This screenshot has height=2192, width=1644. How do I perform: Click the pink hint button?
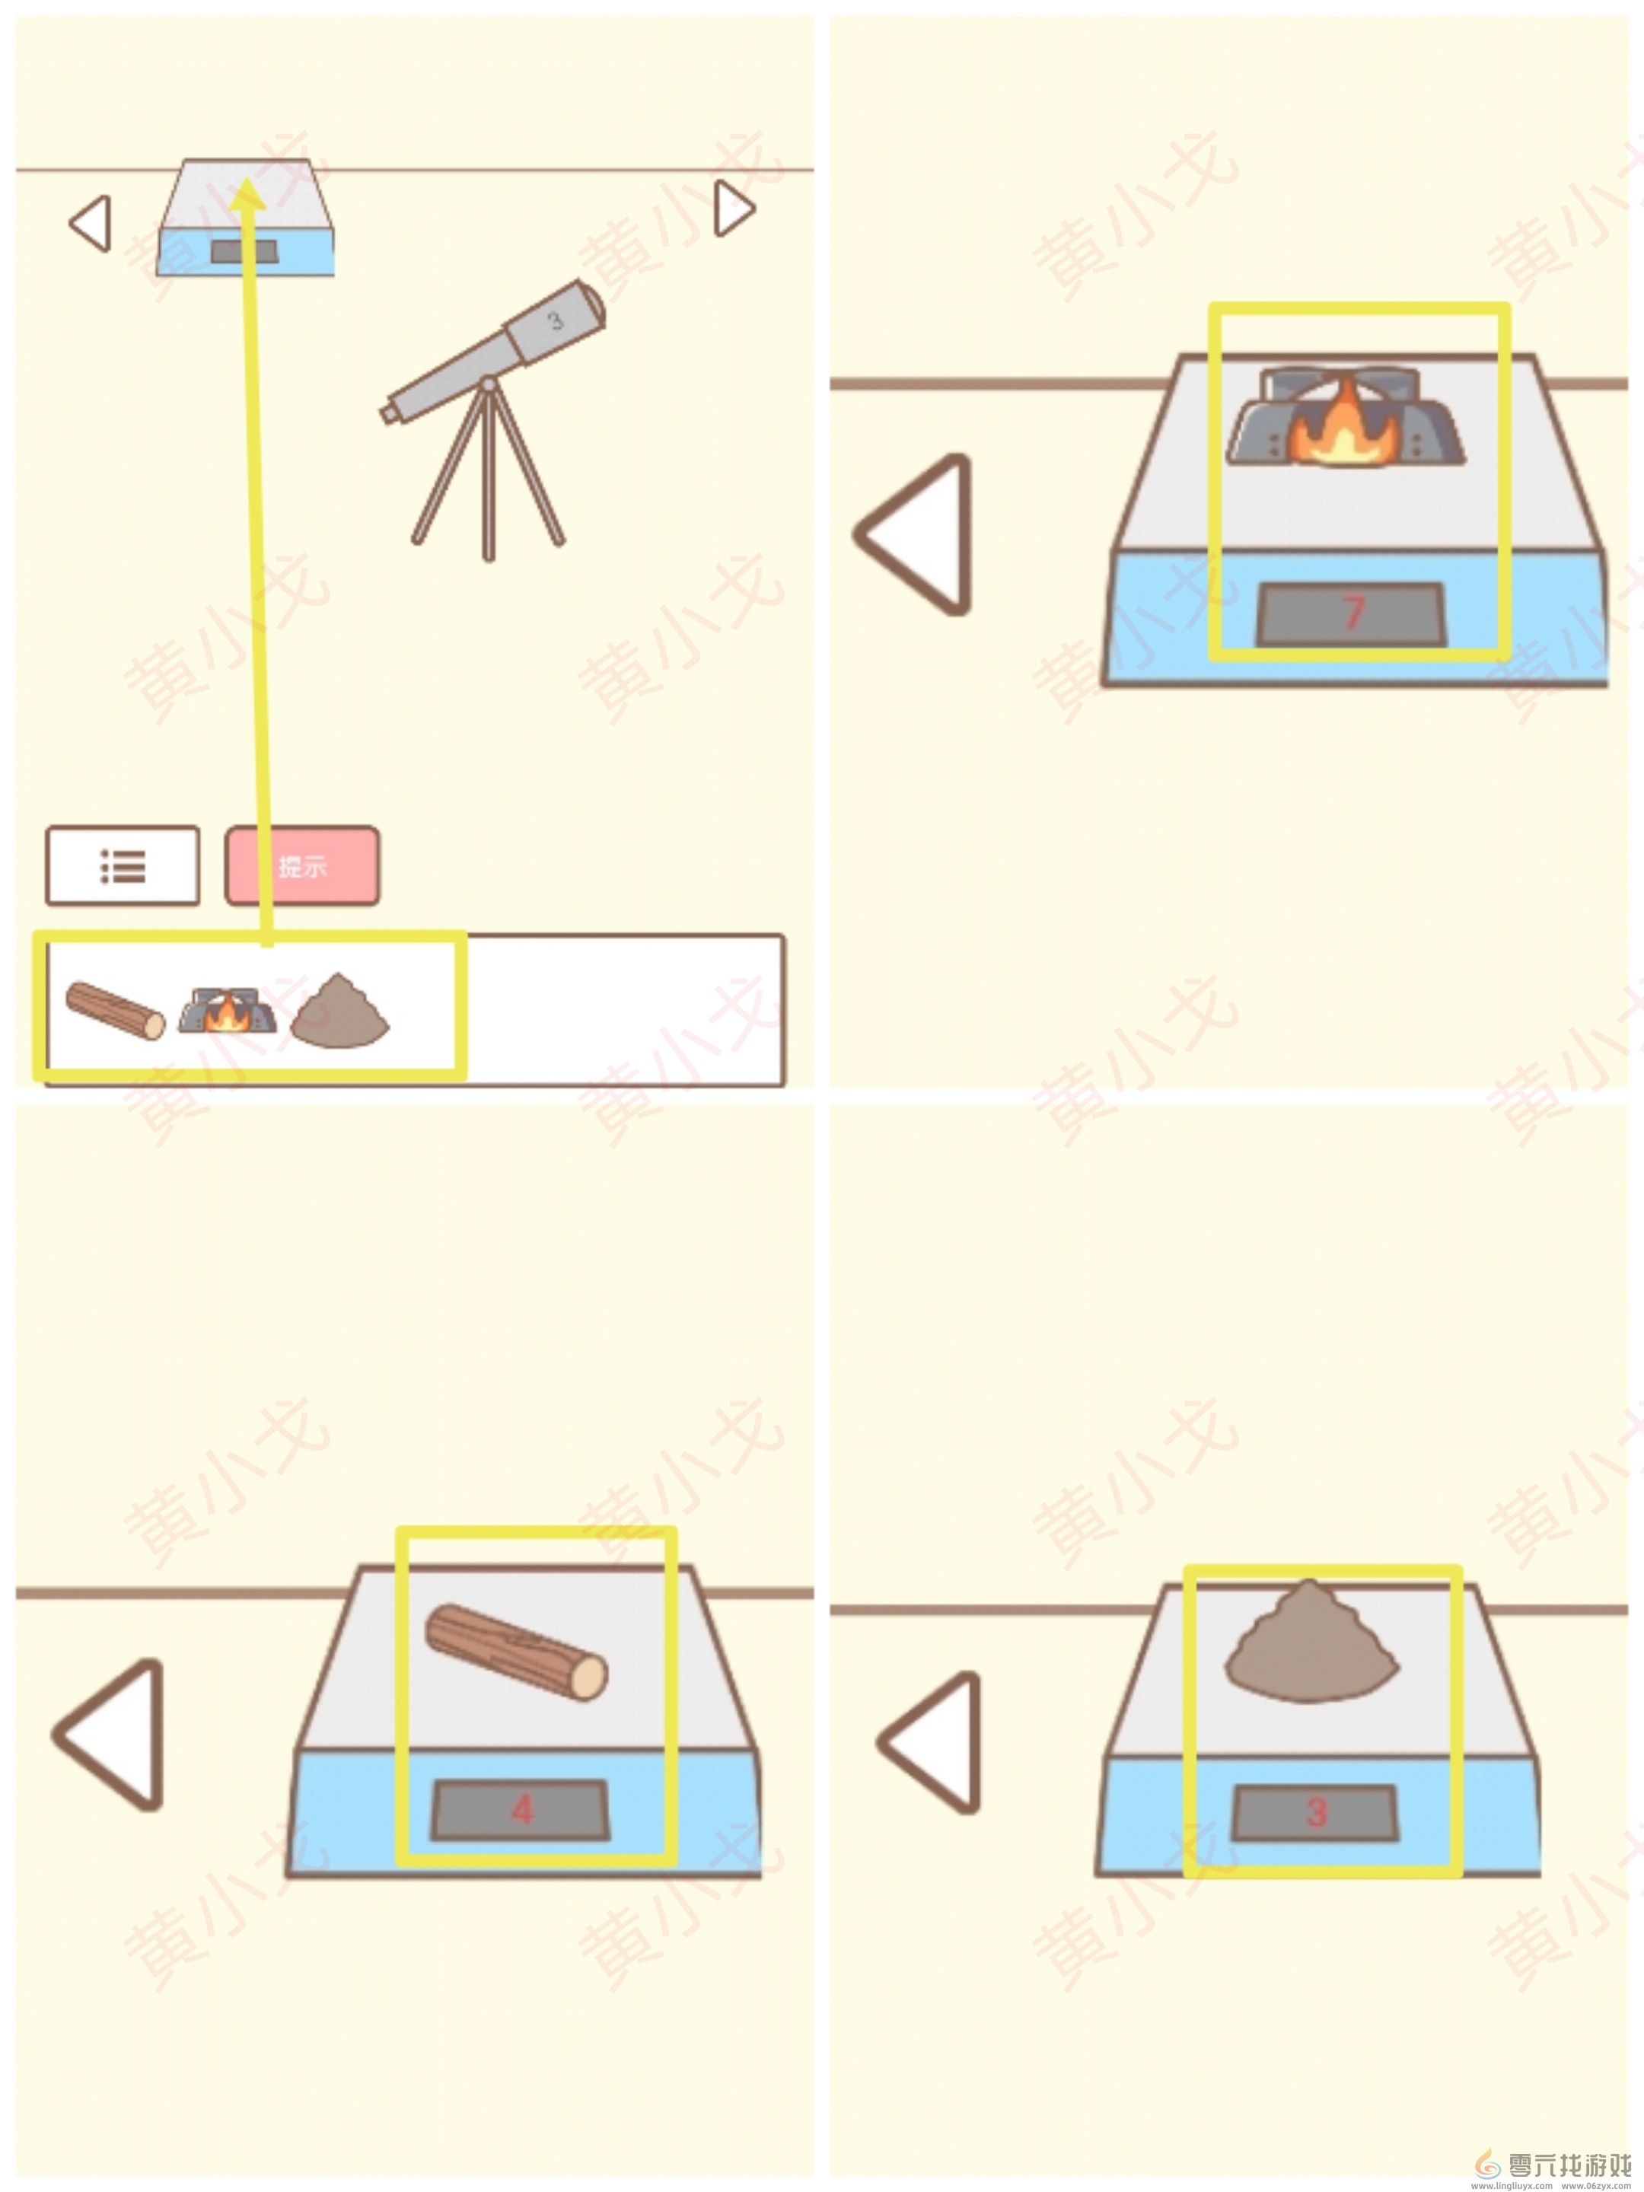click(302, 865)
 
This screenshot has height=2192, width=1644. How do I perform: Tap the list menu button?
click(123, 865)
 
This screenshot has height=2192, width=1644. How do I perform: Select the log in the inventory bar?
click(115, 1011)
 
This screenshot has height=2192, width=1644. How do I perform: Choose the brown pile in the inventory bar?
click(340, 1011)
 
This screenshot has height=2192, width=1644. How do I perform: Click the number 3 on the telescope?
click(555, 320)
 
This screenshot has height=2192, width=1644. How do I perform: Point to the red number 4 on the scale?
click(522, 1811)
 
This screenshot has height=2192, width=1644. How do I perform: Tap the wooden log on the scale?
click(516, 1650)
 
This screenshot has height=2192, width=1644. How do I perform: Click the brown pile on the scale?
click(1310, 1642)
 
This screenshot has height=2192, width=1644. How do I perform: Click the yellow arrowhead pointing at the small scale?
click(247, 195)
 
